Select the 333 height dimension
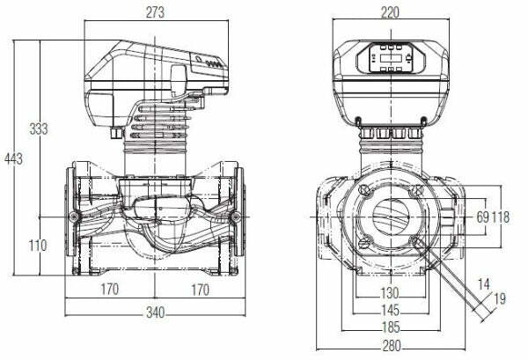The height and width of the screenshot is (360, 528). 38,129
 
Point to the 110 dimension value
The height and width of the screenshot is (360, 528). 37,246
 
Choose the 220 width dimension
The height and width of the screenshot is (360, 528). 391,12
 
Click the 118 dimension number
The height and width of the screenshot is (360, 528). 501,217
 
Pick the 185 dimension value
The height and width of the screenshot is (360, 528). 391,327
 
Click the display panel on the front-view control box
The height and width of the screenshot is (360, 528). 391,58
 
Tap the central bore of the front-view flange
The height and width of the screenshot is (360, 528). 391,217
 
